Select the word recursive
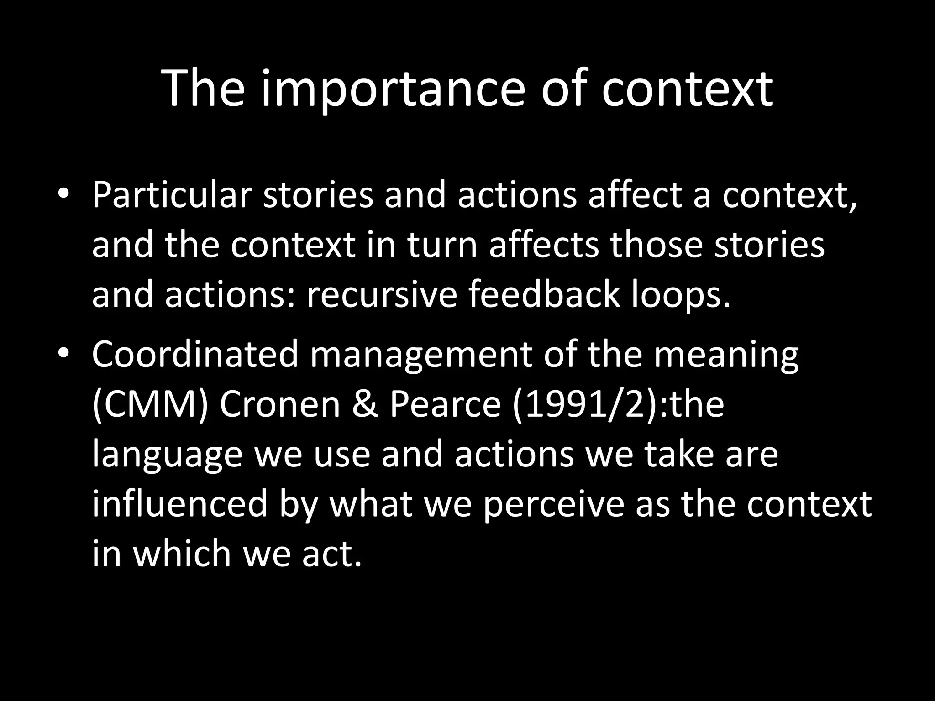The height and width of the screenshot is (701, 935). point(382,294)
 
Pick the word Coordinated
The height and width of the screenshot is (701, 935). point(195,355)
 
